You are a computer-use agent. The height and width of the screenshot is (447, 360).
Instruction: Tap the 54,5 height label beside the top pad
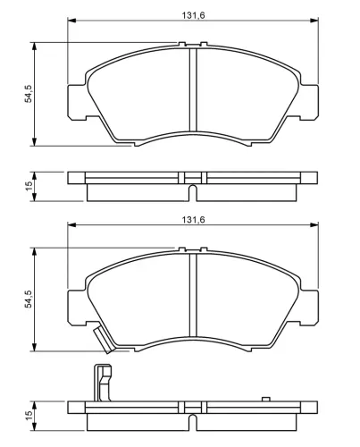28,93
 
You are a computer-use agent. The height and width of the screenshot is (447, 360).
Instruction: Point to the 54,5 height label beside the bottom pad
28,298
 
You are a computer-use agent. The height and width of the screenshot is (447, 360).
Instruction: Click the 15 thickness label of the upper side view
28,186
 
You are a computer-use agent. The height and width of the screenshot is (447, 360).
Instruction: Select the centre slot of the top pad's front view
193,94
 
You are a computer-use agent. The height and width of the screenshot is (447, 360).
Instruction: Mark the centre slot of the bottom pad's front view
193,299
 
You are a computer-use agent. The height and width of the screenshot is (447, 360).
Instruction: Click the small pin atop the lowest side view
264,399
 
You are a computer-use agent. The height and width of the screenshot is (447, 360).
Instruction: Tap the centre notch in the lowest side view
193,417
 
